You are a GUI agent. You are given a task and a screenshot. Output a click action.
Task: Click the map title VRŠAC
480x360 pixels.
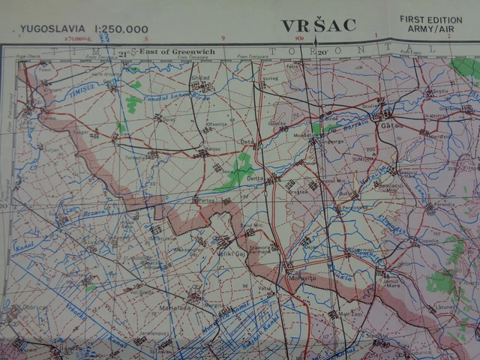(318, 25)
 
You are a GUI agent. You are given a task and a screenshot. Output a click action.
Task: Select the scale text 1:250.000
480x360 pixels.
(121, 29)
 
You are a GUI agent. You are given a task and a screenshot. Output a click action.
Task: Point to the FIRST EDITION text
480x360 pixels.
(431, 19)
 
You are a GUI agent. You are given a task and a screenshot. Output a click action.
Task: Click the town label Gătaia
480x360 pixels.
(391, 125)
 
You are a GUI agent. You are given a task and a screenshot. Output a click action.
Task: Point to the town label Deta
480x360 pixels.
(247, 140)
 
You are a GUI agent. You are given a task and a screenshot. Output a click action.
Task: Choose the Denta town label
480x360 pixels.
(256, 178)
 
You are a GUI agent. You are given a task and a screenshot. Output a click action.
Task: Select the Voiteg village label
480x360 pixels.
(270, 78)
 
